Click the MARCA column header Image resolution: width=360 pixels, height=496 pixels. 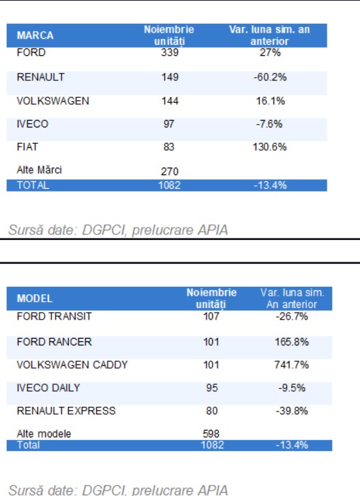[x=35, y=35]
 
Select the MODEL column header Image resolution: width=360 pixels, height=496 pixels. [x=35, y=298]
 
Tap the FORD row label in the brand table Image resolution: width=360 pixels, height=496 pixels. [x=31, y=52]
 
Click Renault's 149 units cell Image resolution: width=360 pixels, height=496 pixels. [x=170, y=77]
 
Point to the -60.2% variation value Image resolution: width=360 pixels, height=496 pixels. [x=270, y=77]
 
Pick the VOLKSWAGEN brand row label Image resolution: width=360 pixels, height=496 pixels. [x=53, y=101]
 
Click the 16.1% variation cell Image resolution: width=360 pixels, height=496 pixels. [x=271, y=101]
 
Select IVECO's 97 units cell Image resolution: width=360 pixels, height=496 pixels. [x=169, y=124]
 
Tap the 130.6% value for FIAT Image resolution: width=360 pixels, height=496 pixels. [x=270, y=146]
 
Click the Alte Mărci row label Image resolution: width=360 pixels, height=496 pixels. [x=40, y=170]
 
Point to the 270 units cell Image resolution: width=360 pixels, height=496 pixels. [x=170, y=172]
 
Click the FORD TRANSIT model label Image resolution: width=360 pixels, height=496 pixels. [x=54, y=316]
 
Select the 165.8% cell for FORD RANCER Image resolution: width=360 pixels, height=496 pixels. [x=292, y=341]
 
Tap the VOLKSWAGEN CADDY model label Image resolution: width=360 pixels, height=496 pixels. [x=72, y=365]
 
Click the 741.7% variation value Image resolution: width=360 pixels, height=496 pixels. [x=292, y=365]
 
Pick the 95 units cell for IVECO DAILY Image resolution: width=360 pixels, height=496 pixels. [x=212, y=388]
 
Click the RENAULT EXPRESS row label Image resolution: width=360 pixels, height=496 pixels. [x=66, y=411]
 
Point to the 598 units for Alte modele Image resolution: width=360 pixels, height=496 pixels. [x=211, y=434]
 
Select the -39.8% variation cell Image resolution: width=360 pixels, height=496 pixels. [x=292, y=411]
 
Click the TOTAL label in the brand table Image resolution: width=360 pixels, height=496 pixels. [x=33, y=185]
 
